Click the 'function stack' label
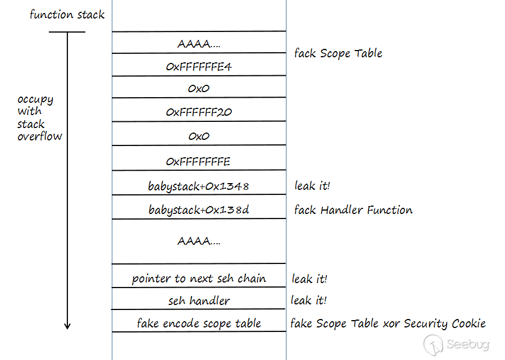point(67,15)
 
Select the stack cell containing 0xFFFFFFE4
point(199,67)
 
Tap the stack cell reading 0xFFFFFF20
point(199,112)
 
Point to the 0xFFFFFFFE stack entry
point(199,162)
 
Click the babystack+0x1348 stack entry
point(199,186)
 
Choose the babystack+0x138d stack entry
point(199,210)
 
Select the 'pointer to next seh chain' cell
point(199,279)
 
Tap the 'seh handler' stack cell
point(199,300)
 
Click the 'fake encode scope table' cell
point(199,323)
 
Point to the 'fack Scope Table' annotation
point(338,53)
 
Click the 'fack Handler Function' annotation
point(353,210)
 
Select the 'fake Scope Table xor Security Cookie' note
point(388,323)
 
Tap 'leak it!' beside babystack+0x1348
point(312,185)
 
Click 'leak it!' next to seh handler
point(308,300)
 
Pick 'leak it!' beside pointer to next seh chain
point(309,279)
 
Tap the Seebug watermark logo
point(456,343)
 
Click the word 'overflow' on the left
point(40,136)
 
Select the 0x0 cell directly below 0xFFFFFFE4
point(199,89)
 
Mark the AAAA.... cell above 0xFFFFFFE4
point(199,43)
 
